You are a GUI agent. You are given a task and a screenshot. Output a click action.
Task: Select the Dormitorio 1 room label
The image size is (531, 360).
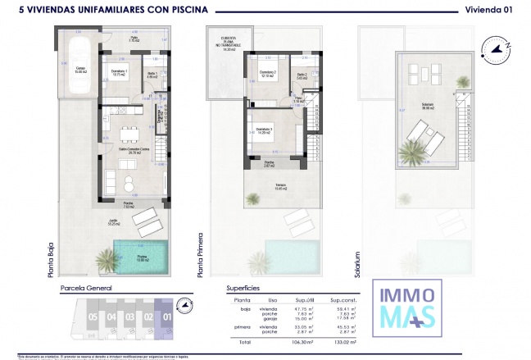[117, 71]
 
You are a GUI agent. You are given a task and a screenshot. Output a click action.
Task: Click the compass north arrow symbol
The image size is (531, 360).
[498, 47]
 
